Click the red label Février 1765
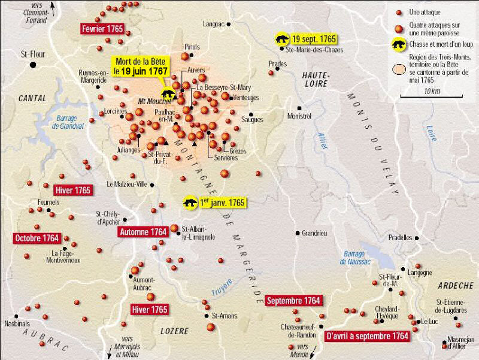(102, 29)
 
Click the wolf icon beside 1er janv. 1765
(192, 203)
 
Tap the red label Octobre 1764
(37, 238)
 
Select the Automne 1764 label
(143, 231)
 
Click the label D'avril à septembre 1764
(367, 336)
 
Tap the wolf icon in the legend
(398, 44)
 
